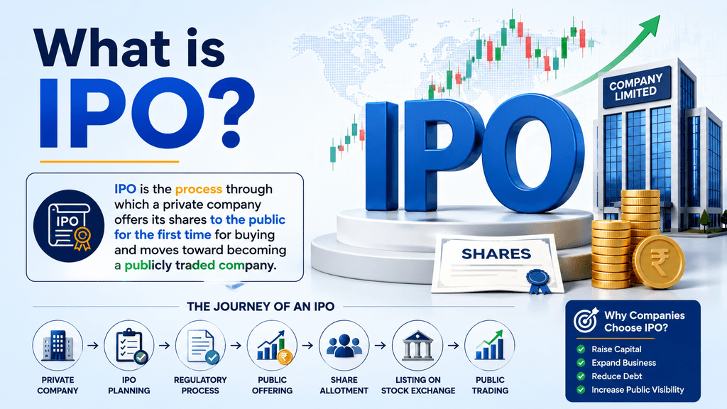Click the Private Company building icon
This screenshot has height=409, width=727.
(58, 346)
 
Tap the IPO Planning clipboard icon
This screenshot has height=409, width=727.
(129, 346)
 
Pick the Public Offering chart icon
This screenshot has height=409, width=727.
(272, 346)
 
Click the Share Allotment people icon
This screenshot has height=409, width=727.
(344, 346)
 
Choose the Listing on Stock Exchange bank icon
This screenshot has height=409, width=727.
(417, 346)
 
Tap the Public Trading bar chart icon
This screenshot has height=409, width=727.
(490, 346)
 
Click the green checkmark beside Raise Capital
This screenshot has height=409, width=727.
(581, 349)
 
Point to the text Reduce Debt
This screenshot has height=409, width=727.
(617, 376)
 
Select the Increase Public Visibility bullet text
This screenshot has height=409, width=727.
(638, 390)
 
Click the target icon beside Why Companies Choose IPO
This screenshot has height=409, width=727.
(586, 320)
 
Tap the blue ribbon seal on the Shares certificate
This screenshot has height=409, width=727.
(538, 281)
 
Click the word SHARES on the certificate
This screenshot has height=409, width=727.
(496, 254)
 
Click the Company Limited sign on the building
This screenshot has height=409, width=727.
(635, 87)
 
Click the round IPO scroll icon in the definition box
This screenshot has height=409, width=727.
(69, 227)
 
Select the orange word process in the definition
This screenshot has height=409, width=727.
(199, 189)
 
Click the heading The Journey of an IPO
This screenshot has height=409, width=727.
(261, 307)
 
